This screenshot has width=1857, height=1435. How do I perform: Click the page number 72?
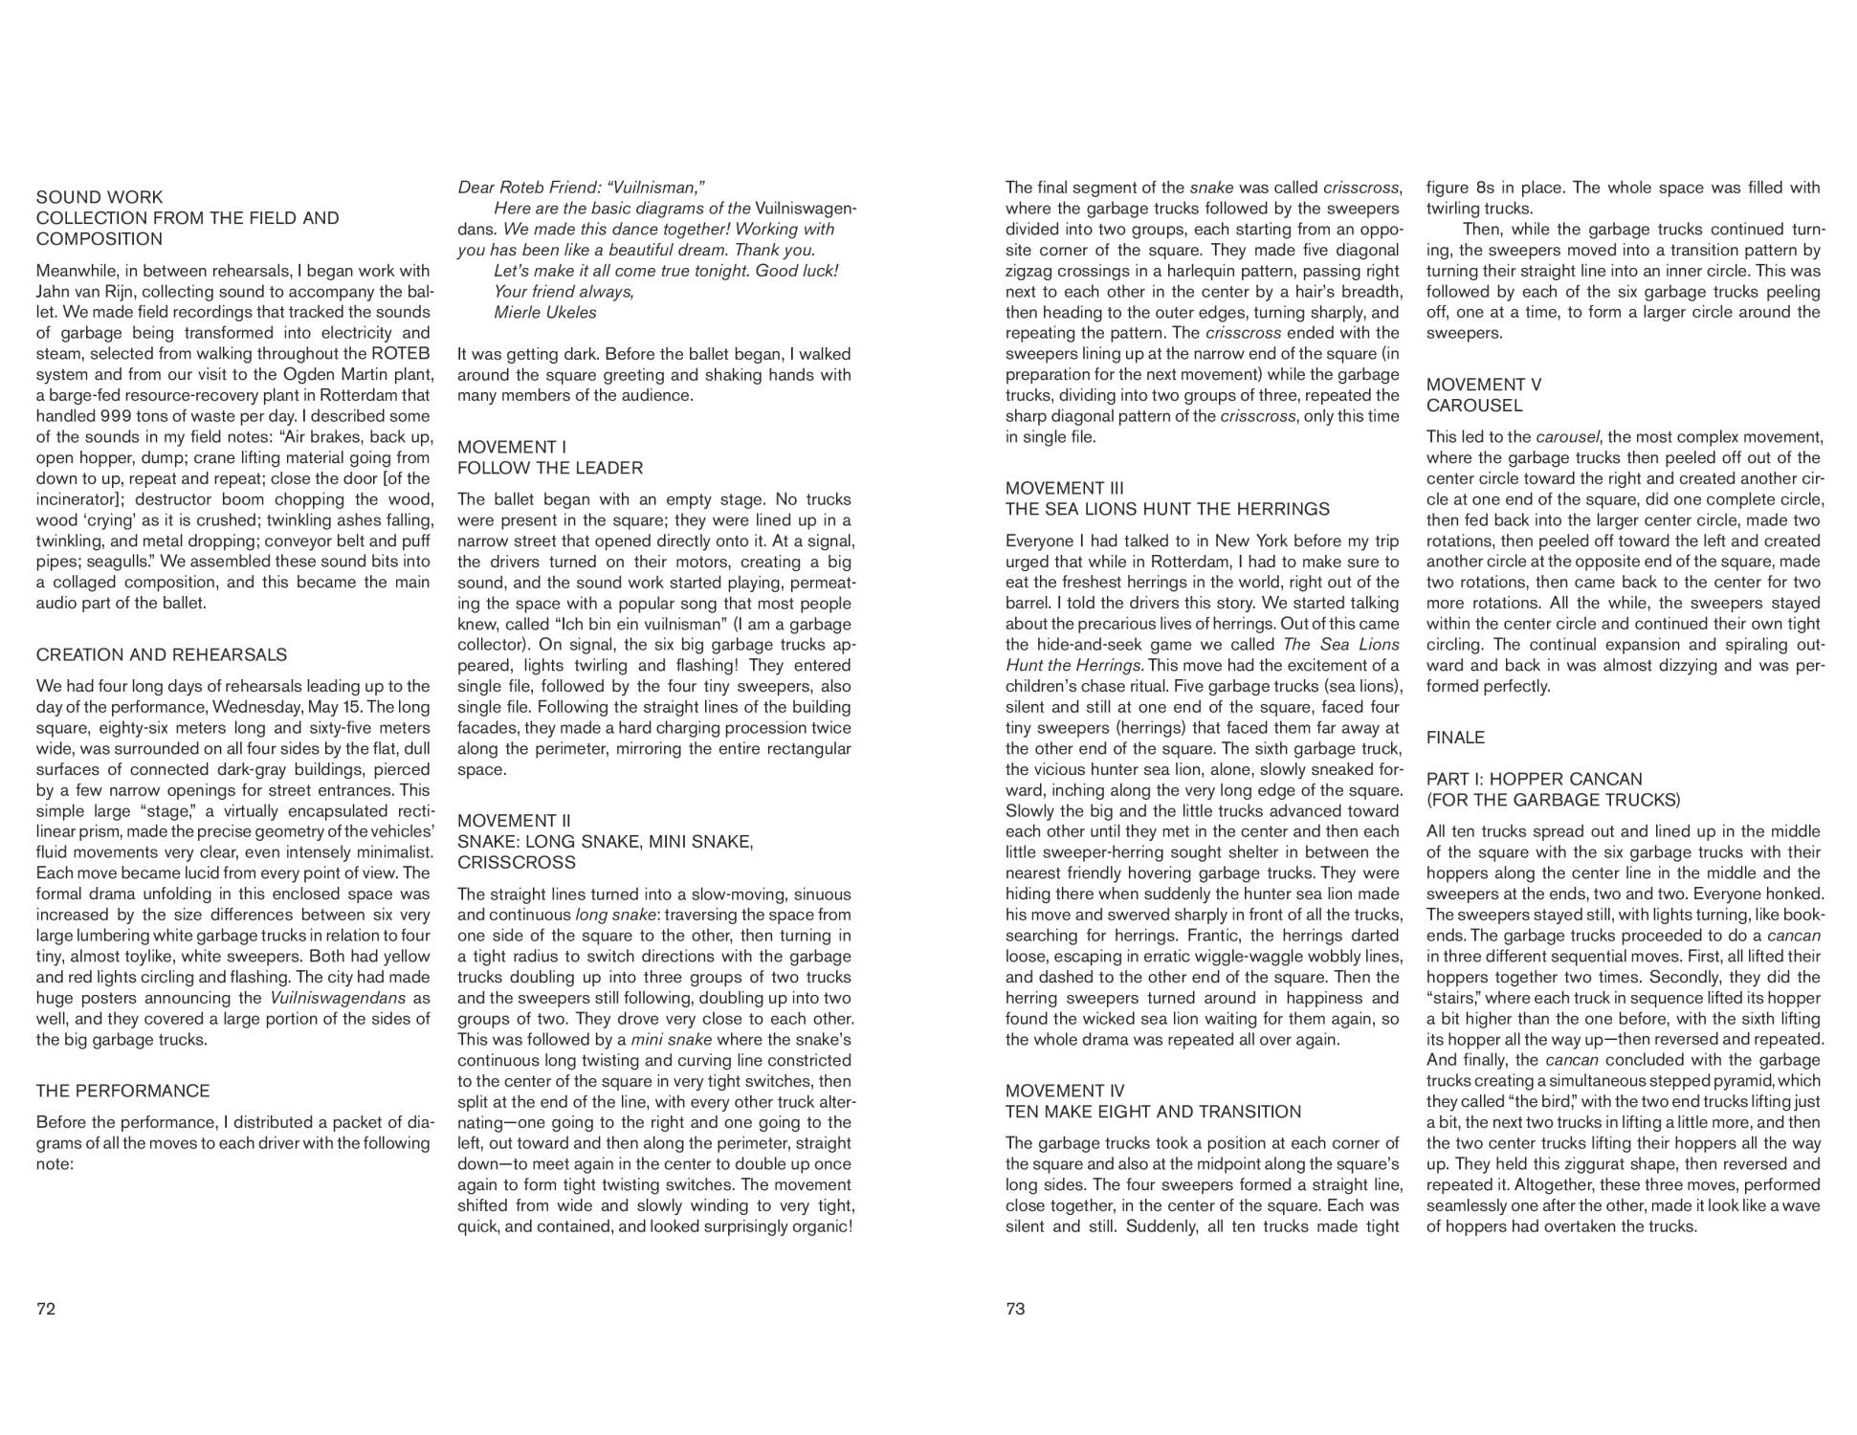coord(46,1309)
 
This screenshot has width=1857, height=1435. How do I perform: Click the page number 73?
coord(1015,1309)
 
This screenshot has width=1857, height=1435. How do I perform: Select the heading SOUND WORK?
coord(99,197)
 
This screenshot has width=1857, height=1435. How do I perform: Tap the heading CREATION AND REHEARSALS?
coord(161,654)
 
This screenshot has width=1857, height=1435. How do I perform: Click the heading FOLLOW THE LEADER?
coord(550,468)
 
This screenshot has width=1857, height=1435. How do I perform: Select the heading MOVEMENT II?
coord(514,821)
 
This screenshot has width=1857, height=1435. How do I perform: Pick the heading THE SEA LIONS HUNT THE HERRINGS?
coord(1167,509)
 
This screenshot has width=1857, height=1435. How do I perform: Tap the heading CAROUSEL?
coord(1473,406)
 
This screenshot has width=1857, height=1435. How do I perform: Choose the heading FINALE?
coord(1455,738)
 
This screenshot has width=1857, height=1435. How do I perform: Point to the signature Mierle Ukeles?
coord(544,313)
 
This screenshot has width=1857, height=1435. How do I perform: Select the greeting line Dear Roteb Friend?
coord(582,188)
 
